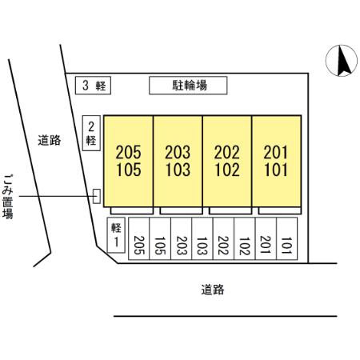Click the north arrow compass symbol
tap(342, 61)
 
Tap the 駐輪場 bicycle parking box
tap(188, 86)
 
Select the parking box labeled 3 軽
tap(93, 86)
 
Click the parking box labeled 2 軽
tap(91, 133)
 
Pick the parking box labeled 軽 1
tap(116, 235)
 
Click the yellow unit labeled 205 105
tap(128, 161)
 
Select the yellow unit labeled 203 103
tap(178, 161)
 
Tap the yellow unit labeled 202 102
tap(227, 161)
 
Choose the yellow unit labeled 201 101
tap(277, 161)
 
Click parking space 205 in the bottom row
tap(139, 238)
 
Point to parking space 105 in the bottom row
tap(160, 238)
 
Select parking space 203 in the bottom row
tap(181, 238)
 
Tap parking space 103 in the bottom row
tap(202, 238)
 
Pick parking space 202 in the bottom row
tap(223, 238)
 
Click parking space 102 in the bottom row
tap(245, 238)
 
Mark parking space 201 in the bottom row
tap(266, 238)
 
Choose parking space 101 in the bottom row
tap(287, 238)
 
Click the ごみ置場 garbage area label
tap(8, 197)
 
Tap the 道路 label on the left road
tap(50, 140)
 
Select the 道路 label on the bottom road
tap(213, 290)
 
